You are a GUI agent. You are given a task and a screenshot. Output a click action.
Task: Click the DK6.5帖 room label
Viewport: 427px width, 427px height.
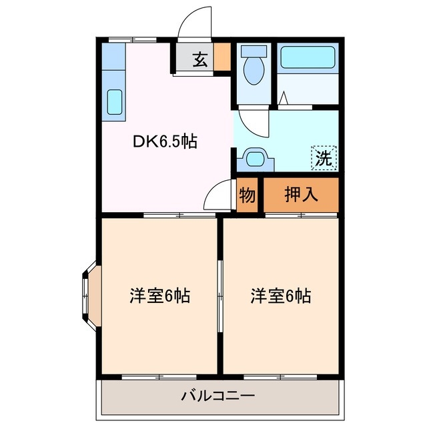(163, 141)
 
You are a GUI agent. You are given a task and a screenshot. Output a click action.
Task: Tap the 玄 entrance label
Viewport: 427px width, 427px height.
(199, 60)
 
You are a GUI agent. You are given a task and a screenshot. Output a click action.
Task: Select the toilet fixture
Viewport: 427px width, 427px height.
(254, 67)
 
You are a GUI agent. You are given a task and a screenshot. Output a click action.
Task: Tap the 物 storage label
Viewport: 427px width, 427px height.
(246, 196)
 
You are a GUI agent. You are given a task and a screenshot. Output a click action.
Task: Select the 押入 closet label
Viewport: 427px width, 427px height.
(302, 195)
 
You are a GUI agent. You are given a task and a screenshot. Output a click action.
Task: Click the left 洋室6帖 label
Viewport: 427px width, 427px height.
(159, 296)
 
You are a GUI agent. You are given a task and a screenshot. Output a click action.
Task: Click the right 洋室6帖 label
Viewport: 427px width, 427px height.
(281, 294)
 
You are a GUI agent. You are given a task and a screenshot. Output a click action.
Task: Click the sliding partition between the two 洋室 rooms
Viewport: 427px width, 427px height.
(220, 296)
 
